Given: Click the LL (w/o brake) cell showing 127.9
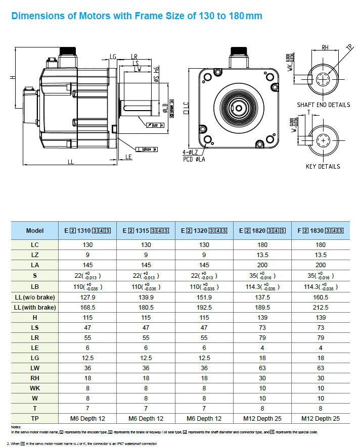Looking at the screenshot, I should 87,297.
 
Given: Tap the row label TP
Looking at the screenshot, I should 35,418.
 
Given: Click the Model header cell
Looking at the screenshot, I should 35,231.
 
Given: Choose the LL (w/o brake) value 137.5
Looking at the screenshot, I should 262,297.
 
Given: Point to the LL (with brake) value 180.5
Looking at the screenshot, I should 146,308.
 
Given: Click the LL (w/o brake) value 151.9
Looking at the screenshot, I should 204,297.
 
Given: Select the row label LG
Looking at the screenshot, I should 35,358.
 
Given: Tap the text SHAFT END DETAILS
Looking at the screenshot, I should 324,105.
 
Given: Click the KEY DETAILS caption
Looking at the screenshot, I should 323,167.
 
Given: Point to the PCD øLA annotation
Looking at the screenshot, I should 194,159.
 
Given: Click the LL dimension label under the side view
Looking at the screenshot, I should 71,162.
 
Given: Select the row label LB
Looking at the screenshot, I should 35,287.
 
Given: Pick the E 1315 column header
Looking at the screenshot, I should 146,231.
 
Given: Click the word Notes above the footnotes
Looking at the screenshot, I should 16,427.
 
